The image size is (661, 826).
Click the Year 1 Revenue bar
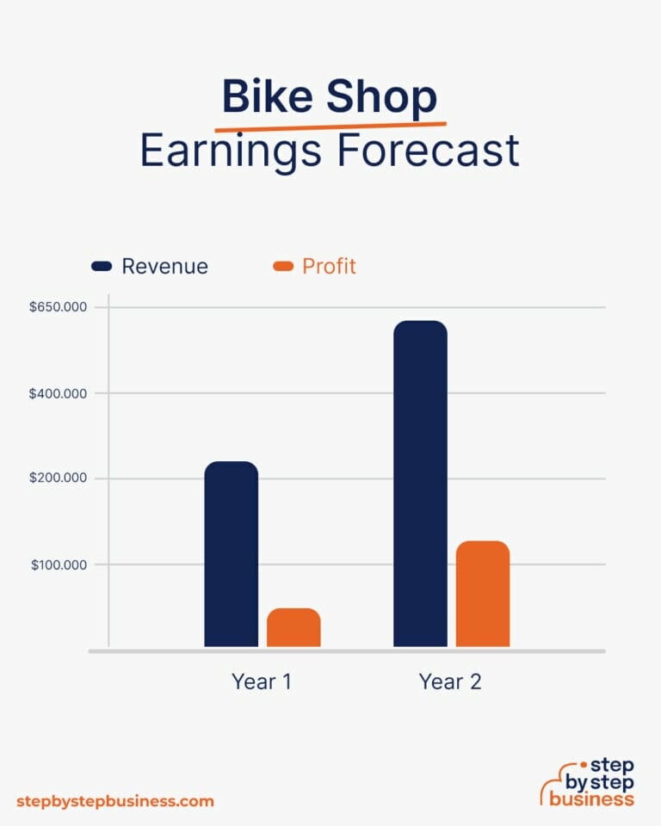point(231,554)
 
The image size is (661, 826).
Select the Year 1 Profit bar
point(293,627)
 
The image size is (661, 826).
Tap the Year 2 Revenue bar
point(420,484)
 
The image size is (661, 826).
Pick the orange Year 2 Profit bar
point(483,594)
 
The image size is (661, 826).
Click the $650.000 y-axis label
point(58,307)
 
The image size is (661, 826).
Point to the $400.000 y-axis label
point(58,393)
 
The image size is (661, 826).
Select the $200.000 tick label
point(58,478)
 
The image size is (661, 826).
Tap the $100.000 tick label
point(59,564)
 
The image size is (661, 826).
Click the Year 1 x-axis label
point(262,682)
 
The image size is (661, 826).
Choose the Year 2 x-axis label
point(450,682)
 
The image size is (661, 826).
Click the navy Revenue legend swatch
point(102,267)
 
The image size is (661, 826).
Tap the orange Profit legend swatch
point(283,267)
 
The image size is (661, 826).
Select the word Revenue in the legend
point(164,267)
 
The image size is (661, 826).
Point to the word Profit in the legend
point(329,267)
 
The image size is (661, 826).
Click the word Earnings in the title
point(230,151)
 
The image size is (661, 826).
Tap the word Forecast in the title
point(429,151)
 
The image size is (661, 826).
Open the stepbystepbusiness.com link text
point(114,801)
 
